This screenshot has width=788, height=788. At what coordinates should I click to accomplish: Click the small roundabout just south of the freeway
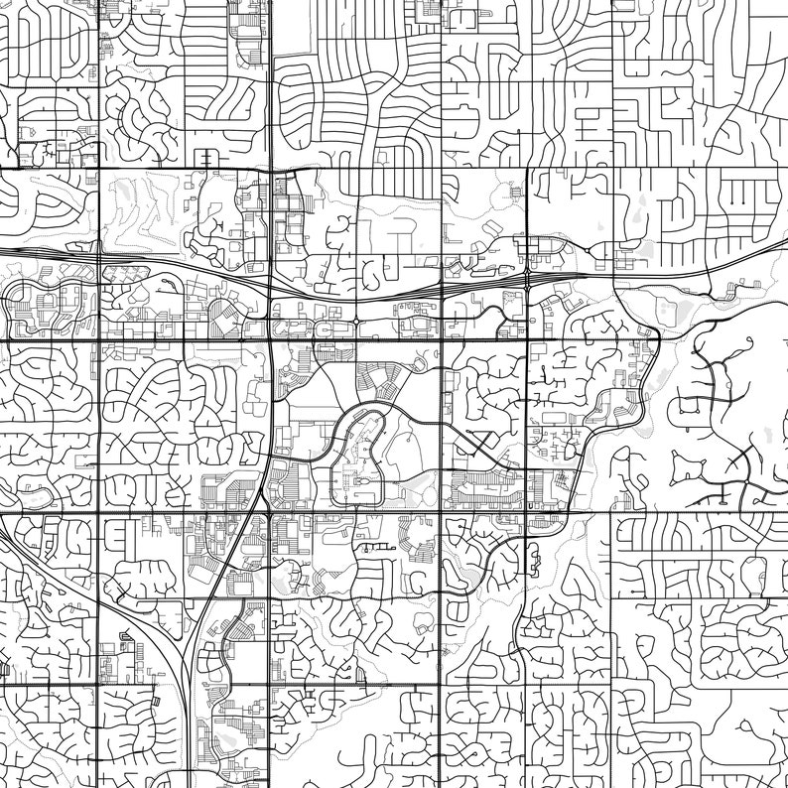coord(355,321)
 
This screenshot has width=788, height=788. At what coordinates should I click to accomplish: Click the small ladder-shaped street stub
coord(207,159)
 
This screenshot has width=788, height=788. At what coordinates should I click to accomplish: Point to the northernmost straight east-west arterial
coord(397,169)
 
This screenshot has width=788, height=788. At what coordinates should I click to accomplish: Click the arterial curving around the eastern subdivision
coord(635,397)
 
